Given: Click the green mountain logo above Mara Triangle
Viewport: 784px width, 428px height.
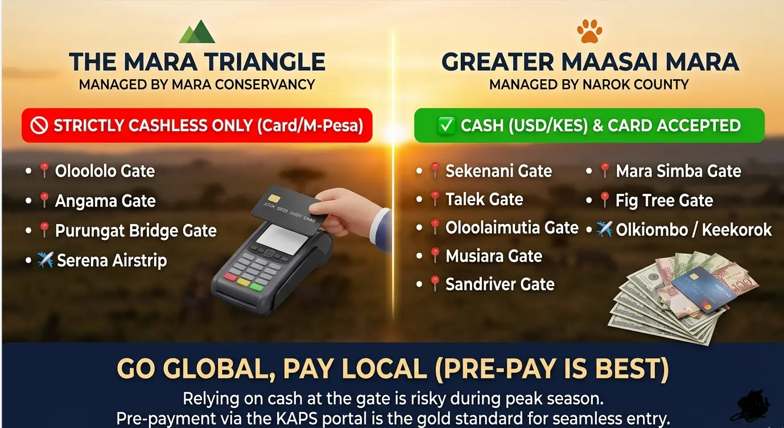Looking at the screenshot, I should pyautogui.click(x=197, y=33).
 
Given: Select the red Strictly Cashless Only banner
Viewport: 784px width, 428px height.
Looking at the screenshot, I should pyautogui.click(x=197, y=125).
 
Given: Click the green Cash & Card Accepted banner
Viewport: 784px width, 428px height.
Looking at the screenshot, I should pyautogui.click(x=589, y=125).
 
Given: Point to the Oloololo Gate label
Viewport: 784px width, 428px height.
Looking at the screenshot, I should pyautogui.click(x=105, y=171).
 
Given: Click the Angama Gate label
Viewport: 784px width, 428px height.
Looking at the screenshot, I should pyautogui.click(x=105, y=201).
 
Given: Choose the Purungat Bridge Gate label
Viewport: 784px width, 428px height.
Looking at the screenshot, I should pyautogui.click(x=135, y=231).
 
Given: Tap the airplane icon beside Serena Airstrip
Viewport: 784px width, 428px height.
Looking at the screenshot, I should pyautogui.click(x=44, y=260).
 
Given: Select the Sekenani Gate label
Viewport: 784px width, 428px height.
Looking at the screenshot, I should pyautogui.click(x=498, y=171).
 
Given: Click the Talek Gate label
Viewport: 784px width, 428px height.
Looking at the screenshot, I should pyautogui.click(x=484, y=199).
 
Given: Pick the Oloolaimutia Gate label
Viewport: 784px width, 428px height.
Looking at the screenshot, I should pyautogui.click(x=512, y=228).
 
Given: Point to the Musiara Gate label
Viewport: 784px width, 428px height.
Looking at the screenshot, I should pyautogui.click(x=494, y=256).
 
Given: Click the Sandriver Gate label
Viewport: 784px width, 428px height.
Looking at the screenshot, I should pyautogui.click(x=500, y=284).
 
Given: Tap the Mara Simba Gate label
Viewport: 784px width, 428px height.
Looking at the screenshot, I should pyautogui.click(x=678, y=171).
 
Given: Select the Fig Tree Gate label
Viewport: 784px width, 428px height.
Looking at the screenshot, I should pyautogui.click(x=664, y=200).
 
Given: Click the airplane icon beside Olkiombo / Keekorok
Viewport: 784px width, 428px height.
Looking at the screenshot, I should pyautogui.click(x=604, y=229).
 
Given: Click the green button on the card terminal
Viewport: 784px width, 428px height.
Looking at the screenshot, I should pyautogui.click(x=257, y=286).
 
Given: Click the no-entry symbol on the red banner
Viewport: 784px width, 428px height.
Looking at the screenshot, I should pyautogui.click(x=39, y=126).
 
